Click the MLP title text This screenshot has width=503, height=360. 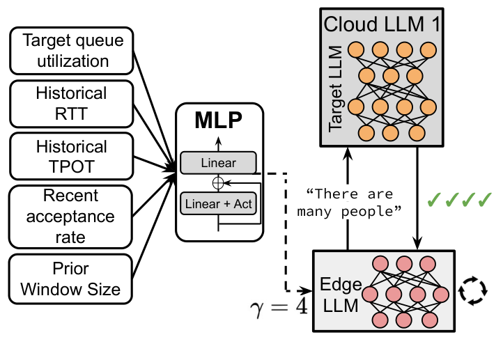pos(219,123)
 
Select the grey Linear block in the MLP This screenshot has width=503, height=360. pos(218,164)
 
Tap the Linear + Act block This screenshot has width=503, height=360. pos(218,204)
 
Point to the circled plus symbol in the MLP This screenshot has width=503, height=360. pos(218,183)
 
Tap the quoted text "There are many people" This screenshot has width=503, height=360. pos(349,203)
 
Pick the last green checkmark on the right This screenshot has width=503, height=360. pos(486,201)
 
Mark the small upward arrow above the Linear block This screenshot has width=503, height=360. pos(218,142)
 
